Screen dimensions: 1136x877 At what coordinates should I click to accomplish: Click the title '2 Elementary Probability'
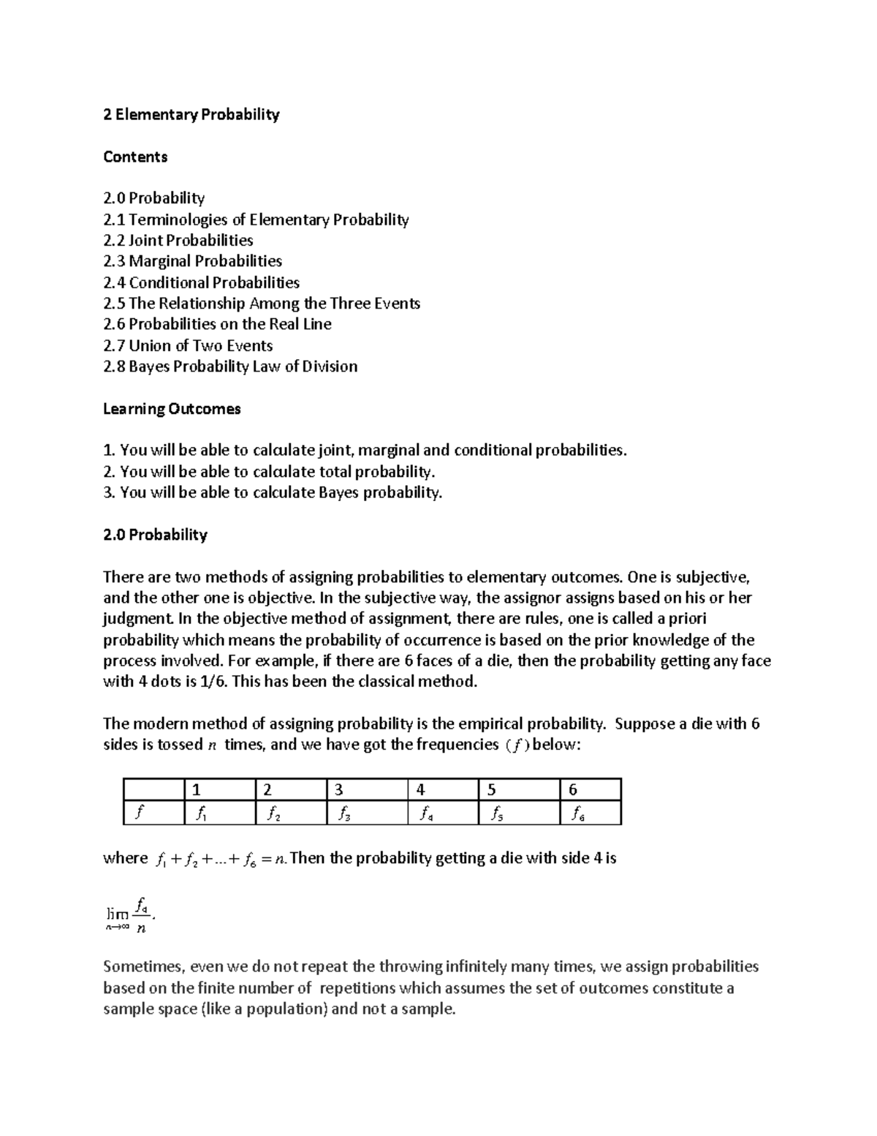coord(191,115)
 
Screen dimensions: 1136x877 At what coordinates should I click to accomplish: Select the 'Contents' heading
coord(135,157)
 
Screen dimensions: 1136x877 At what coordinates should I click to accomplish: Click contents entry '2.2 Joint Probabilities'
coord(178,241)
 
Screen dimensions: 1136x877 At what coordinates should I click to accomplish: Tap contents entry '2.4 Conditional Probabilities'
coord(201,282)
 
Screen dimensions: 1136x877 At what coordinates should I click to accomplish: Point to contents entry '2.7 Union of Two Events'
coord(188,345)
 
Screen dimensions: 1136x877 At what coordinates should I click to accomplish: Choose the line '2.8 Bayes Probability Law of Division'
coord(230,366)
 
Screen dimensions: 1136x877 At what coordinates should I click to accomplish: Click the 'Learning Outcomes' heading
coord(172,409)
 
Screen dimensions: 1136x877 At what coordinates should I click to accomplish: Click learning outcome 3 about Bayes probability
coord(273,493)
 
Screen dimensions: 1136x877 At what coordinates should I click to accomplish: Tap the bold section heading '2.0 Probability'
coord(155,535)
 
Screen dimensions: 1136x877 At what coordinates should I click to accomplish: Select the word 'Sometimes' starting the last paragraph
coord(134,967)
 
